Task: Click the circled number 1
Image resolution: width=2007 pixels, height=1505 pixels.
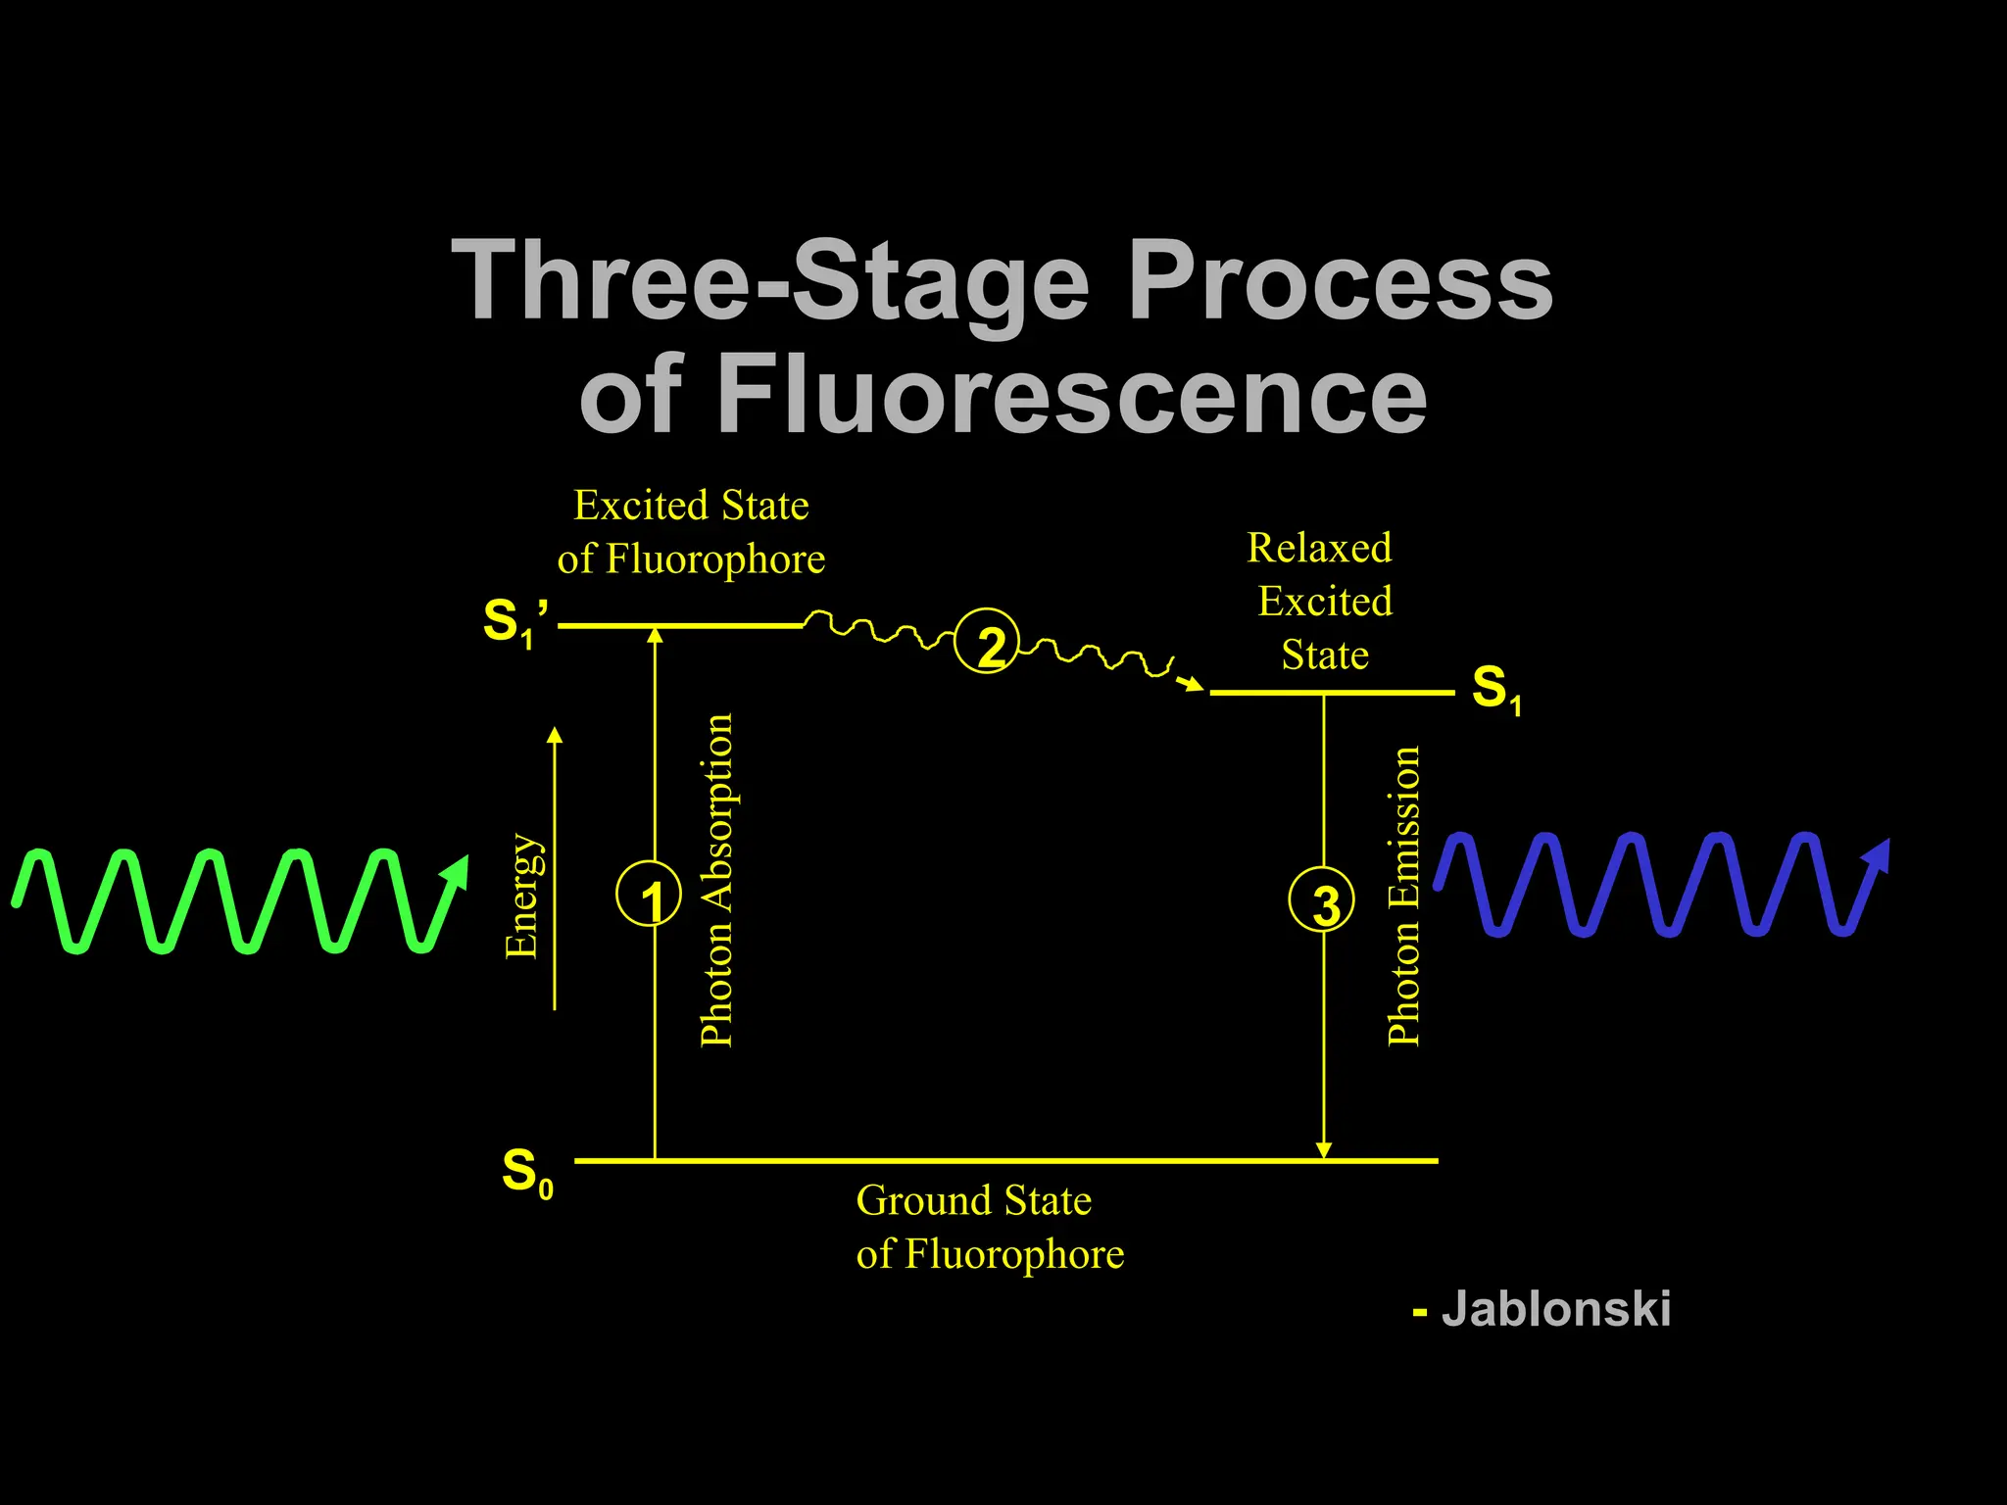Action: coord(649,894)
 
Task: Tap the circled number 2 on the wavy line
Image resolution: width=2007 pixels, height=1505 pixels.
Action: coord(988,641)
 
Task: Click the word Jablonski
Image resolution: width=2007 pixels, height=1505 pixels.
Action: coord(1555,1309)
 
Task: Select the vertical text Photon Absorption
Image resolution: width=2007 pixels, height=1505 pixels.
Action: coord(717,880)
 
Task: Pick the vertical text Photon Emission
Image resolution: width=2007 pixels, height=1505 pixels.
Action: coord(1404,896)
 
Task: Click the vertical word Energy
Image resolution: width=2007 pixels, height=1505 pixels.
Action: coord(521,896)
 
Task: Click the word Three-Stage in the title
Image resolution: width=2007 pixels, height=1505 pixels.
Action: coord(770,281)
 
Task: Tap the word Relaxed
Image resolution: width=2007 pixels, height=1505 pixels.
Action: coord(1319,548)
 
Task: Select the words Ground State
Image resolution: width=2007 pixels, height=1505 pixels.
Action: coord(973,1200)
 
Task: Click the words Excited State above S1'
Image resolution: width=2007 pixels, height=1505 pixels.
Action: coord(691,506)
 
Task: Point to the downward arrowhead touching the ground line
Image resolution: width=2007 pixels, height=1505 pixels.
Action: coord(1324,1149)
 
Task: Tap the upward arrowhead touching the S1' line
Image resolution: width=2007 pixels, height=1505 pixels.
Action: coord(655,636)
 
